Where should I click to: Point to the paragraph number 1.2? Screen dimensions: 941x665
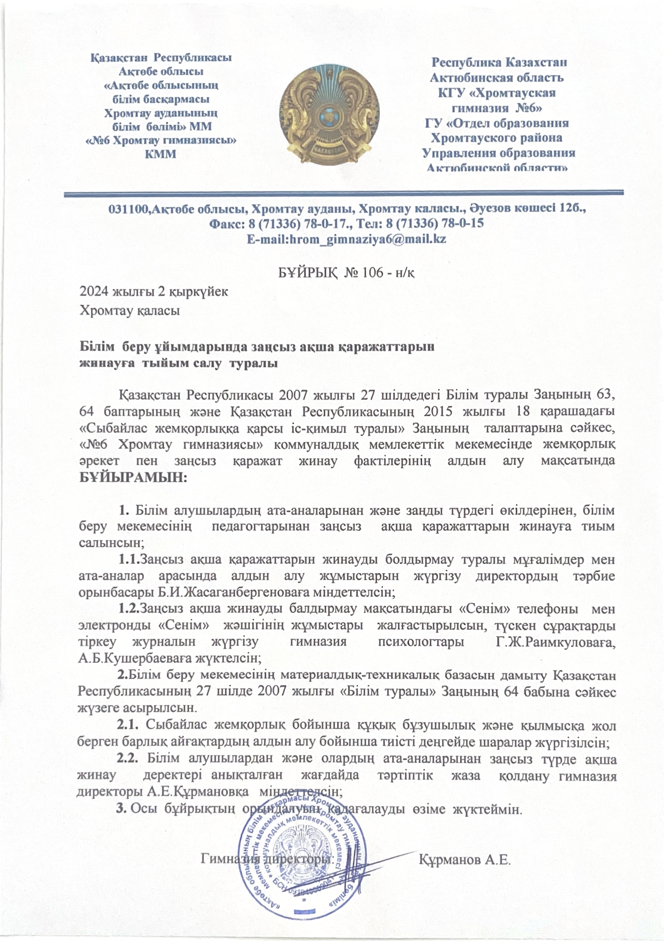click(x=130, y=609)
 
